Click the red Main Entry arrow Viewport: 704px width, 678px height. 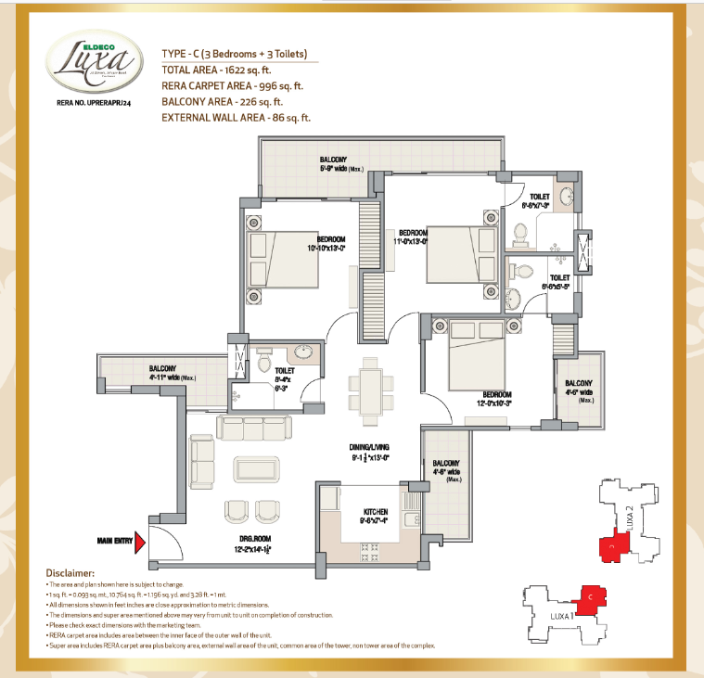click(x=140, y=543)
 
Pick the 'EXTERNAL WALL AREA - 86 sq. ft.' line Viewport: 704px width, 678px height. click(x=236, y=118)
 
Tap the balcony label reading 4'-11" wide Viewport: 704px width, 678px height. click(x=173, y=377)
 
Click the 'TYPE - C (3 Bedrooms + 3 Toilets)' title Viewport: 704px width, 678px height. click(x=234, y=54)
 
